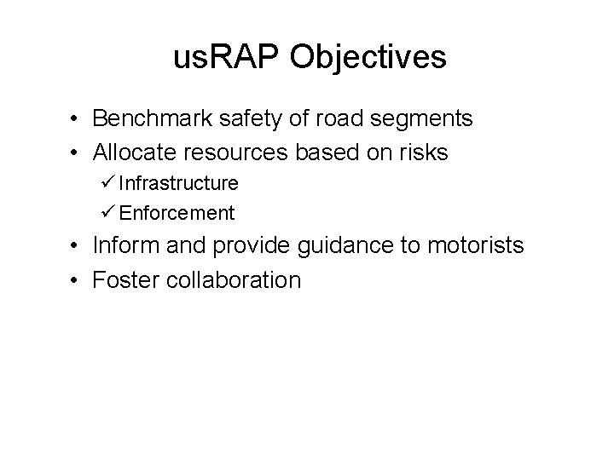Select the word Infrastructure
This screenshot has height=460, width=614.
[178, 182]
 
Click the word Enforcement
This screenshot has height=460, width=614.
[177, 211]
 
